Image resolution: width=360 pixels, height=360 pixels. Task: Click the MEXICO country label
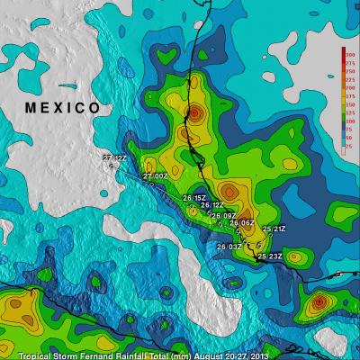click(x=62, y=108)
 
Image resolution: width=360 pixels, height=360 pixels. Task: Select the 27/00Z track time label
click(x=155, y=176)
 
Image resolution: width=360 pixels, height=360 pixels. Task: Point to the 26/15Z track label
click(x=194, y=197)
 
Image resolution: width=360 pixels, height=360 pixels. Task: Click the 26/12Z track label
click(x=212, y=205)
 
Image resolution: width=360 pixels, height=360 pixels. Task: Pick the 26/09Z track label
click(x=223, y=216)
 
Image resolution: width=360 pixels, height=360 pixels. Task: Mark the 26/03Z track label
click(x=229, y=246)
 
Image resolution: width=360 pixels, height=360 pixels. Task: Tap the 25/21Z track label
click(x=274, y=229)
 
